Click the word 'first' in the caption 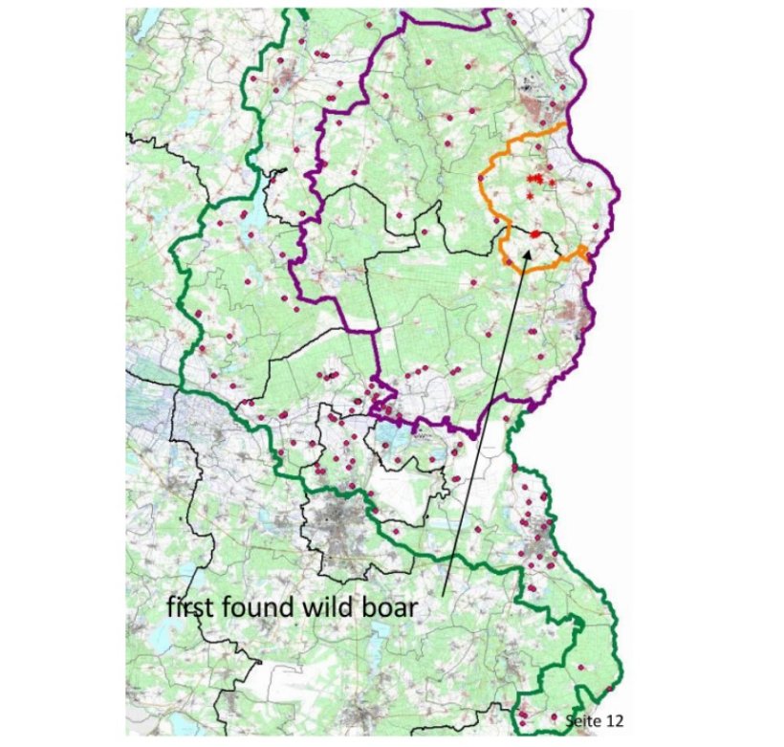point(187,606)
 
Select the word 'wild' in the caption point(317,606)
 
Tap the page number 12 point(608,718)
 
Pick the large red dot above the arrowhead point(535,233)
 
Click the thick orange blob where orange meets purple point(583,251)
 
